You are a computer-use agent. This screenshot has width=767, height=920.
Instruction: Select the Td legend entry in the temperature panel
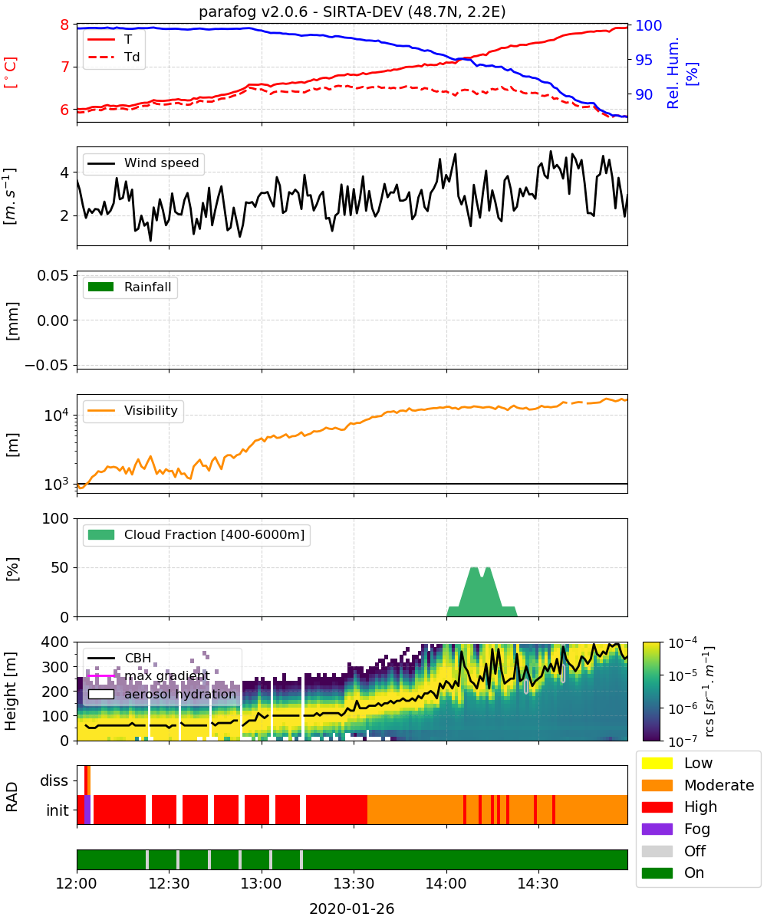pos(114,57)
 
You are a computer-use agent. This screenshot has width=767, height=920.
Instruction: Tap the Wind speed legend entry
pos(143,163)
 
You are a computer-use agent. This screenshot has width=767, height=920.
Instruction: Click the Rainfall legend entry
pos(130,287)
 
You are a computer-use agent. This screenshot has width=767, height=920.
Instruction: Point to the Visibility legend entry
pos(133,411)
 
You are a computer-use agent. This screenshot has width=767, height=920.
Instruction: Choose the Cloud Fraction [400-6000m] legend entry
pos(196,535)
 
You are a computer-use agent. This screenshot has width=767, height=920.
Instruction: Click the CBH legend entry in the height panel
pos(120,659)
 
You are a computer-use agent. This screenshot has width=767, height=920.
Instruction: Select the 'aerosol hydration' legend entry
pos(162,694)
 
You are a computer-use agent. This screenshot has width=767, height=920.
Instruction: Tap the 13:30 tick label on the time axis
pos(354,883)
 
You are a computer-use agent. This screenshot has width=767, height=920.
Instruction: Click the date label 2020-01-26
pos(352,909)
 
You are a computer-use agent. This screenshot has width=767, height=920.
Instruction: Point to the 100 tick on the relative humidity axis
pos(648,25)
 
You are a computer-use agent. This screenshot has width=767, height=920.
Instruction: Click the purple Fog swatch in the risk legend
pos(657,830)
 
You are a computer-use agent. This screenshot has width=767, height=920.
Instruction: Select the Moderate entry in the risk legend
pos(698,785)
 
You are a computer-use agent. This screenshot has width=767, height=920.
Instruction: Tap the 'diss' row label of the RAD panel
pos(54,780)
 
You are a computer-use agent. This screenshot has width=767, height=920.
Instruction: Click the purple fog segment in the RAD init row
pos(87,810)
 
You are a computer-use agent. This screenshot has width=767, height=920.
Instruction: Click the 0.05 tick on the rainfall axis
pos(53,276)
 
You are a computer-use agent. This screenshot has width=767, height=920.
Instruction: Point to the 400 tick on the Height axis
pos(55,642)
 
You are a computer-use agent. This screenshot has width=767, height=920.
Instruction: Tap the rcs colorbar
pos(651,692)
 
